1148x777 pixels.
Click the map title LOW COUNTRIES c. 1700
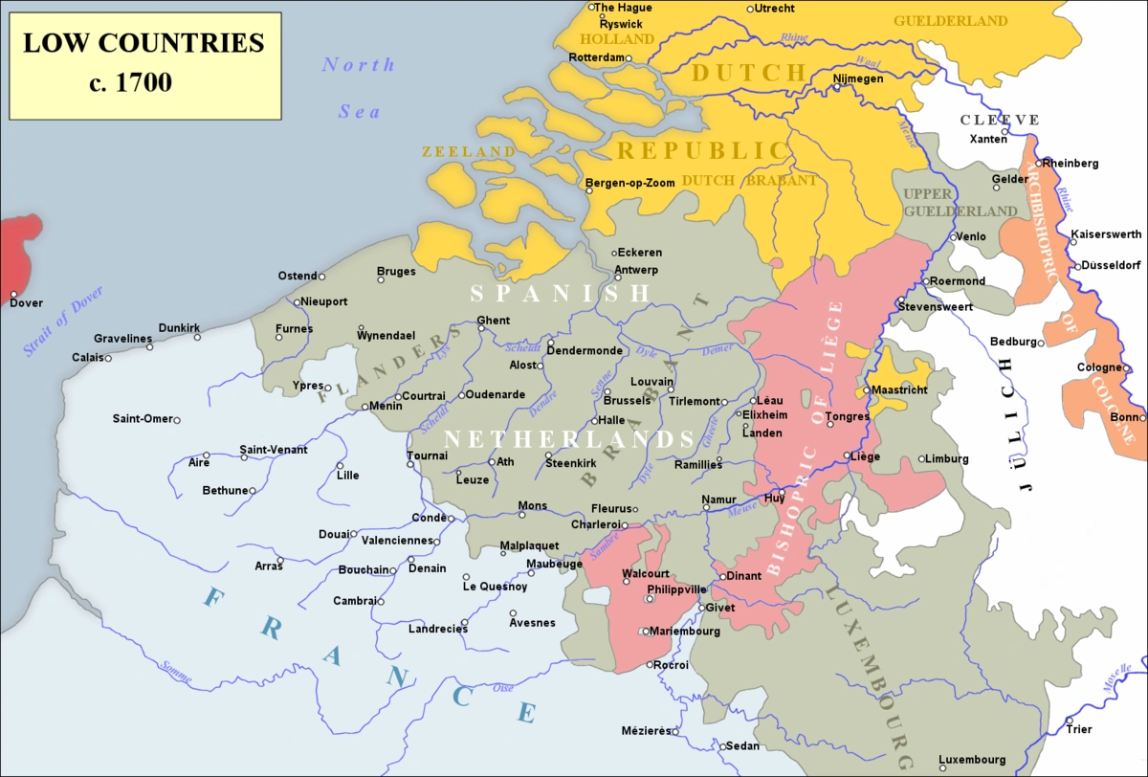143,63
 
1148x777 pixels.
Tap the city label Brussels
627,400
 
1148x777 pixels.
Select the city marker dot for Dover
14,294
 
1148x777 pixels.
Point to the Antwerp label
636,269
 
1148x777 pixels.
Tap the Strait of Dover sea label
62,322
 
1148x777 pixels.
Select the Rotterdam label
596,57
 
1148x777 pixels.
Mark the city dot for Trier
1069,720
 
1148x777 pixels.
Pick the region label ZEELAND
469,151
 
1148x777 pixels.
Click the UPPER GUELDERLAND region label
960,202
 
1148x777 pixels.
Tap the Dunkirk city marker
197,337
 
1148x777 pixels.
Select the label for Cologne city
1097,367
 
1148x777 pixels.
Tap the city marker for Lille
340,466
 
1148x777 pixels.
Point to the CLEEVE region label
1002,120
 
